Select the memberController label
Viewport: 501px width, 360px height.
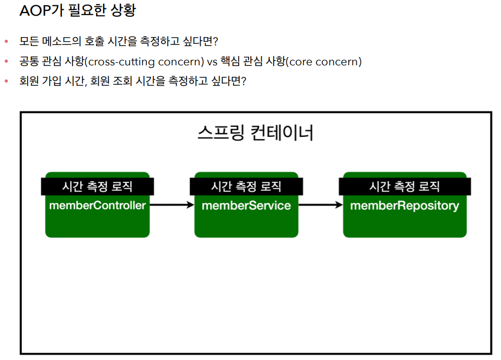pos(97,205)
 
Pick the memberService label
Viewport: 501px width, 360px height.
pos(246,205)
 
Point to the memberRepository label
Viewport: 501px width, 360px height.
pos(404,205)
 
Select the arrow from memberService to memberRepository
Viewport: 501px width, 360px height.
pos(320,205)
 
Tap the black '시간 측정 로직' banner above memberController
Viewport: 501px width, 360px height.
pos(97,187)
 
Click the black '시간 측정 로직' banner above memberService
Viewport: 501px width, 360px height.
pos(246,187)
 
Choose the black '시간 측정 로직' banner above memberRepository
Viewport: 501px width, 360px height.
pos(404,187)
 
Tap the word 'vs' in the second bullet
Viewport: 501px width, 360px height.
pos(212,62)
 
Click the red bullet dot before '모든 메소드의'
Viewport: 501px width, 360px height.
pos(6,41)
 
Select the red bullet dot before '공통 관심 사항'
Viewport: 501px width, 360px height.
pos(6,62)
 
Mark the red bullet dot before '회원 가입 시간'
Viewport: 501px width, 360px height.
pos(6,82)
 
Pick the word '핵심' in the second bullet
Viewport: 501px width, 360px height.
pos(231,62)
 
